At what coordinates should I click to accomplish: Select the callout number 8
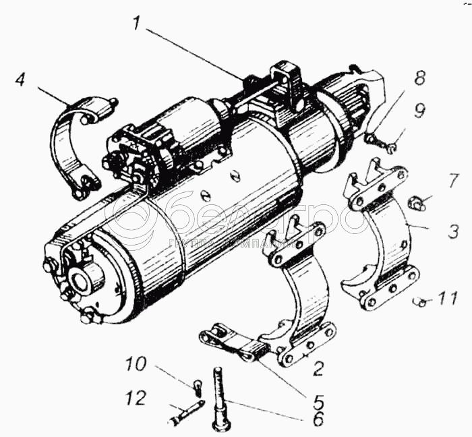click(419, 78)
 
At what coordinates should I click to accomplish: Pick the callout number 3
click(453, 232)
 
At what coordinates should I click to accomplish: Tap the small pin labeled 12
click(185, 413)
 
